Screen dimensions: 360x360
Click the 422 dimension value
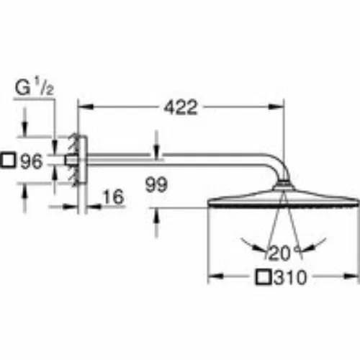click(x=181, y=107)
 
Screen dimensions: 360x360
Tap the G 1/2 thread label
click(x=35, y=88)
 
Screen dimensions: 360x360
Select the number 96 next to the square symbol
click(x=32, y=161)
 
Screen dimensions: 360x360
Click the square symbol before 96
click(x=8, y=160)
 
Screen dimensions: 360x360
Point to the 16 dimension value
click(x=113, y=197)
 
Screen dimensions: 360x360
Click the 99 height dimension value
click(x=156, y=185)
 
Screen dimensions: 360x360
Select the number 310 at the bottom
click(x=290, y=277)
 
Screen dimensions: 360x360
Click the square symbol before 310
click(x=264, y=277)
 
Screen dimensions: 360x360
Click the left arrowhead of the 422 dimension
click(x=86, y=107)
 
